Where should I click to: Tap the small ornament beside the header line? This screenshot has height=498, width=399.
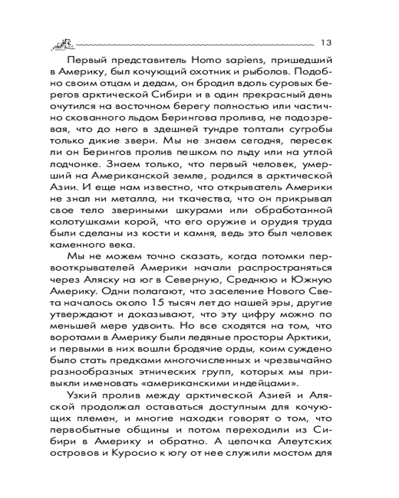click(62, 44)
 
